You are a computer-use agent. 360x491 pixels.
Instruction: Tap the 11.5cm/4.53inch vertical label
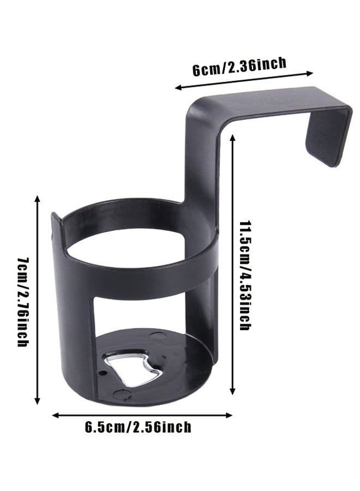(245, 276)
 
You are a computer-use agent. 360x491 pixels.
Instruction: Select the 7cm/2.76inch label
(23, 302)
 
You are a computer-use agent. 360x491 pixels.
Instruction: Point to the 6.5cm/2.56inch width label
(138, 426)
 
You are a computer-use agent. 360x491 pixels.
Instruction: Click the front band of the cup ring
(136, 278)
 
